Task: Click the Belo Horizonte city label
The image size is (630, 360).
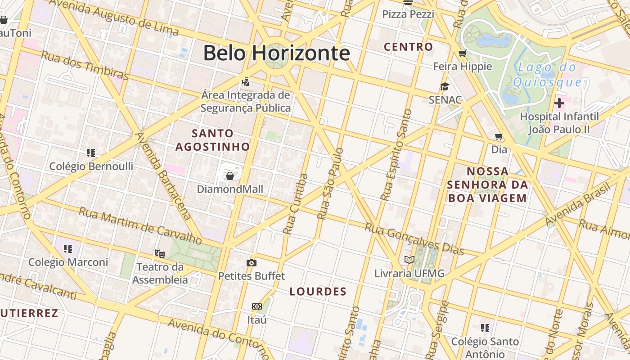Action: (276, 53)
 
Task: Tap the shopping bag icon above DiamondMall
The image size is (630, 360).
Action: (230, 175)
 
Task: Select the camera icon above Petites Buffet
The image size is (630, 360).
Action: (252, 263)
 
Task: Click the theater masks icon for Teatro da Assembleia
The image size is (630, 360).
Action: (159, 254)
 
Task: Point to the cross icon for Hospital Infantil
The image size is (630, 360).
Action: (559, 103)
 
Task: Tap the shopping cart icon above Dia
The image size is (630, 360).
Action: (499, 136)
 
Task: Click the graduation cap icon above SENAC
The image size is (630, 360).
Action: (445, 87)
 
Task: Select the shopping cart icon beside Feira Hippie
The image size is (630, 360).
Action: (462, 54)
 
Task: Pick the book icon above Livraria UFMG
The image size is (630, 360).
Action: (409, 260)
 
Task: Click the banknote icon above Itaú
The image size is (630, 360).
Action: (256, 306)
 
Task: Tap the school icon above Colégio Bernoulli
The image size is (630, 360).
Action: (91, 153)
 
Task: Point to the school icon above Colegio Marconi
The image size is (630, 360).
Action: (68, 248)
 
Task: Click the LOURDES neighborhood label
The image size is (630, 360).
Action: (318, 291)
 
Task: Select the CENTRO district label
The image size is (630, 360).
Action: (408, 46)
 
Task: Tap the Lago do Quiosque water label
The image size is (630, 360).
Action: (547, 75)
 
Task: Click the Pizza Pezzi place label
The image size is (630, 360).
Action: (408, 14)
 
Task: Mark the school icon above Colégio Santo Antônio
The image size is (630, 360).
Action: (485, 328)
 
